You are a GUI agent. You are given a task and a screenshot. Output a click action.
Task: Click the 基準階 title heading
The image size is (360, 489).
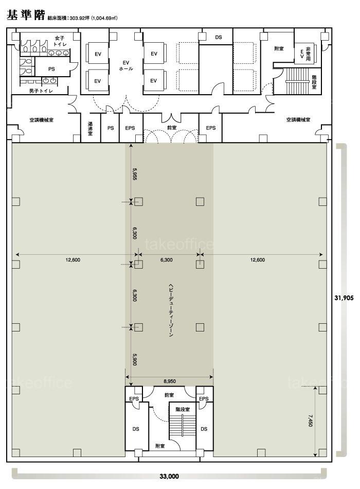click(x=26, y=14)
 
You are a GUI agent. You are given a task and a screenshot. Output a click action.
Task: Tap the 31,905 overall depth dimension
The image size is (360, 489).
click(x=344, y=298)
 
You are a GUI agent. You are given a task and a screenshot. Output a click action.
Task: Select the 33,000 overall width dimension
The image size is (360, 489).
click(x=169, y=476)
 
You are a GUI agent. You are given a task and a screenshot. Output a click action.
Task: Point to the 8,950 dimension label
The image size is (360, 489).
click(x=170, y=381)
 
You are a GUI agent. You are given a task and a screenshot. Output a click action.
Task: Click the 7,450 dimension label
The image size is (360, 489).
click(x=311, y=420)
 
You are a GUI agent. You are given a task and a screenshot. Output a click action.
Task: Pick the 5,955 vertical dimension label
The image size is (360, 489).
click(x=135, y=174)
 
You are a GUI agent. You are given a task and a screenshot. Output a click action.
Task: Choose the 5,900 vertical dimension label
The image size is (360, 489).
click(x=135, y=359)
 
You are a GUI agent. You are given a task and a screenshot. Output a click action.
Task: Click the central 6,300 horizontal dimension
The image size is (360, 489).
click(x=167, y=260)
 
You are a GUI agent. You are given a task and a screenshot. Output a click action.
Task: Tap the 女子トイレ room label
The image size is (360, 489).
click(x=60, y=41)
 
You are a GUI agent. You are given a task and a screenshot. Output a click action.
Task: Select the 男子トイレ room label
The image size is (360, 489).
click(x=41, y=91)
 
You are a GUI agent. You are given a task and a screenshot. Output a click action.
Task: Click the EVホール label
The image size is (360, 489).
click(x=126, y=65)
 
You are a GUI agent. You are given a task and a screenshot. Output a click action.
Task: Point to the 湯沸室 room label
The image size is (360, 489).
click(x=90, y=128)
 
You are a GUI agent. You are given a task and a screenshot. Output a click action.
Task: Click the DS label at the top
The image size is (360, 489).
click(x=219, y=37)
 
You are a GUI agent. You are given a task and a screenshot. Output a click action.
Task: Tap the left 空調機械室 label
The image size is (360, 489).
click(x=42, y=120)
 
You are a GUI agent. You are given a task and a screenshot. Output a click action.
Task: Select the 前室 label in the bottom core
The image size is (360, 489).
click(x=169, y=395)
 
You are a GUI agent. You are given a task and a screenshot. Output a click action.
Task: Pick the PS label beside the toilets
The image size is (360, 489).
click(x=51, y=69)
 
